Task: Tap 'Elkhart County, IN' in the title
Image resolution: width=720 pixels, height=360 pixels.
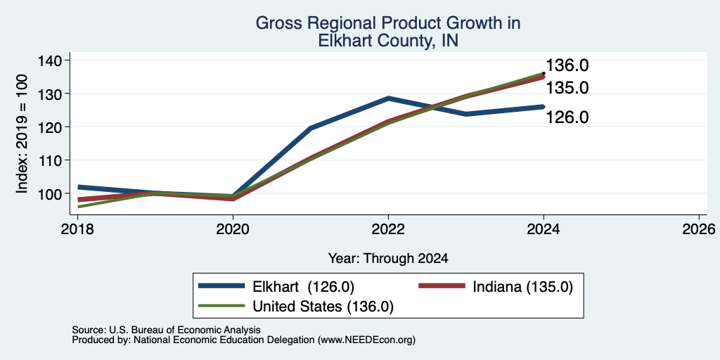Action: tap(387, 41)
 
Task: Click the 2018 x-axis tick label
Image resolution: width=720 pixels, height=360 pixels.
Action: tap(77, 229)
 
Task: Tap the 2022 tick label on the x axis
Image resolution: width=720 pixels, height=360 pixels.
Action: tap(388, 229)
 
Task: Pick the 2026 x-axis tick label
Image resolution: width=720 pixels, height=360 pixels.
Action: tap(699, 229)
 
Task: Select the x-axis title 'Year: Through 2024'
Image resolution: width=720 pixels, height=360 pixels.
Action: tap(388, 259)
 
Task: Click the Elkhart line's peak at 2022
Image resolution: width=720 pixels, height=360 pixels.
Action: tap(388, 98)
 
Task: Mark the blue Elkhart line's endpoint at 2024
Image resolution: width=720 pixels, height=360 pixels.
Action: tap(544, 107)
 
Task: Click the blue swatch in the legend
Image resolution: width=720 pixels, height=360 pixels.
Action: tap(221, 286)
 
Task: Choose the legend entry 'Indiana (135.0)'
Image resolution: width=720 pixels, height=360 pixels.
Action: tap(523, 287)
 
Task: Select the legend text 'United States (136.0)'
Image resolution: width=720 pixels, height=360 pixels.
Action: tap(323, 306)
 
